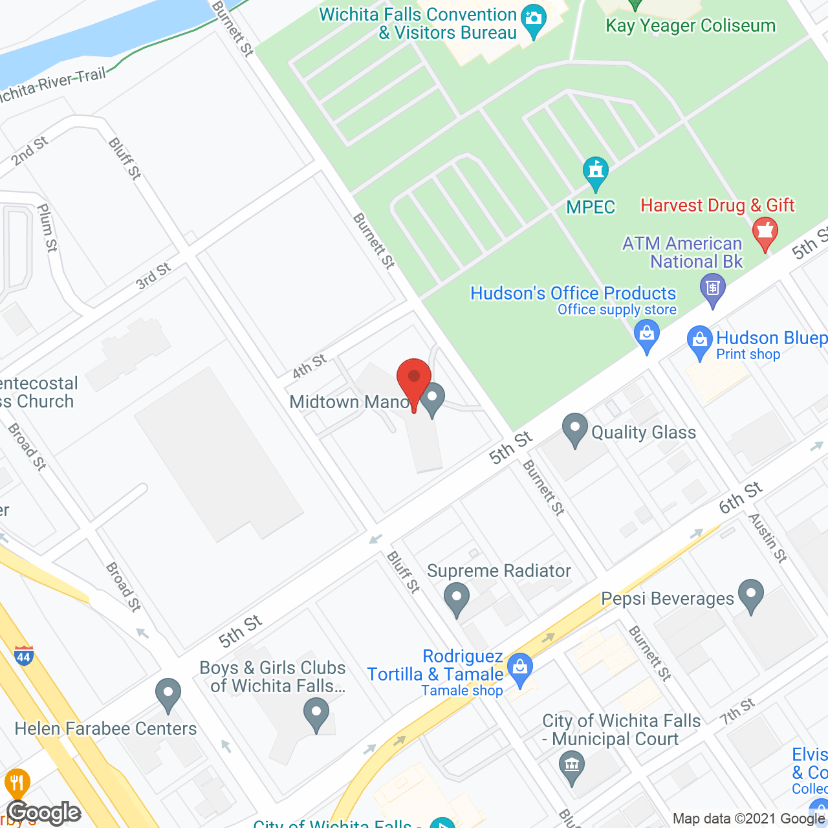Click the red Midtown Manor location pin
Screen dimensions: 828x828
(414, 379)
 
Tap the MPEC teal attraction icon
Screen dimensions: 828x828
(595, 172)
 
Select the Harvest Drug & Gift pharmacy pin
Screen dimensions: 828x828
(765, 233)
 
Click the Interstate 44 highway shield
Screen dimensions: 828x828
(23, 656)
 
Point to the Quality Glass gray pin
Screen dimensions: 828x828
(574, 429)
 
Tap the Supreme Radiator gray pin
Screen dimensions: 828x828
(457, 598)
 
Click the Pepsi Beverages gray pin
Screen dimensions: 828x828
(750, 594)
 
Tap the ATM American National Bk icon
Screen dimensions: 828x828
(713, 288)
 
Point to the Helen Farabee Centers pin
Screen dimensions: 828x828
(168, 694)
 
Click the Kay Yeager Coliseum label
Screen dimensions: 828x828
(690, 26)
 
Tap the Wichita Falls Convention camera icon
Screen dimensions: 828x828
(533, 19)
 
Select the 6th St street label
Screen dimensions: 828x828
(741, 497)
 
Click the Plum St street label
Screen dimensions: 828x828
(47, 228)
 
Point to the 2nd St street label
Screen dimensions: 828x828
(29, 151)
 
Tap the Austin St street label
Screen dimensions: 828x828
(768, 538)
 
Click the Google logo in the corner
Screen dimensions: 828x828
(44, 812)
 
